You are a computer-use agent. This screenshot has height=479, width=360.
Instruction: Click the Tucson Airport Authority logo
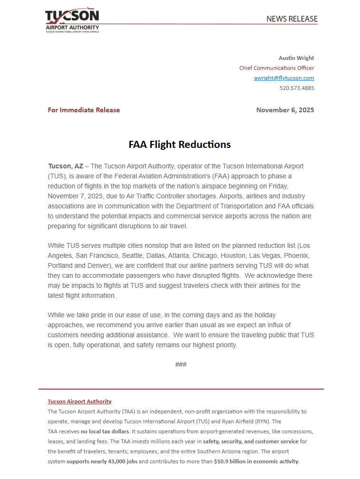pos(72,20)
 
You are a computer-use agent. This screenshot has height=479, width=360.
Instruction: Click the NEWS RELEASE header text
pos(292,19)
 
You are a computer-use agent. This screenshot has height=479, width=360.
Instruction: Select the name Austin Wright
pos(296,58)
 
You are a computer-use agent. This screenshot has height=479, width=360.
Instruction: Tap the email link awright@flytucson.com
pos(284,78)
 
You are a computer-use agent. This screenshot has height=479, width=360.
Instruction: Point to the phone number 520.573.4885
pos(296,88)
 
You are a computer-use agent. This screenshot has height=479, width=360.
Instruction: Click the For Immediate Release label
pos(84,110)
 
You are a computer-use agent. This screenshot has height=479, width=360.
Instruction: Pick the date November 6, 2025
pos(285,110)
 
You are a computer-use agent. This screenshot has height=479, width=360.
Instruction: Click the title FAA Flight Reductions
pos(180,145)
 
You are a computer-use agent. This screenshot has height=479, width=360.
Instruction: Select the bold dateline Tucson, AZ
pos(66,166)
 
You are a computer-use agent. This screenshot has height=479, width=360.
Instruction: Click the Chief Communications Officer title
pos(276,68)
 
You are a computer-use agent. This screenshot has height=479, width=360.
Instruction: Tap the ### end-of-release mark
pos(181,364)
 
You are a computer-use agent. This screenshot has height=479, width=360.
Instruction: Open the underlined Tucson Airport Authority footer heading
pos(79,401)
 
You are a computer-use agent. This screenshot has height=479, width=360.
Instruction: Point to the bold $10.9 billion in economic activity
pos(256,461)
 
